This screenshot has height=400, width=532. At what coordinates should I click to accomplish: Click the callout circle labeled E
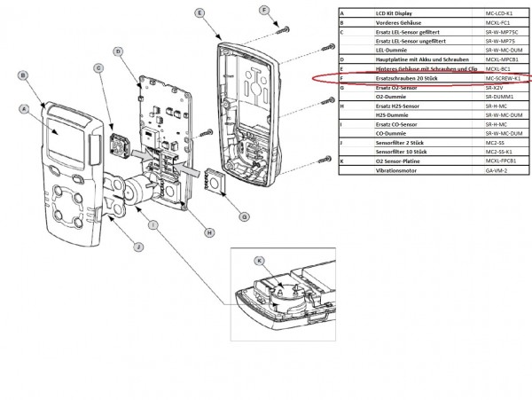tap(199, 13)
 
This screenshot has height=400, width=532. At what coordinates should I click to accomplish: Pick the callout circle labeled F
tap(263, 10)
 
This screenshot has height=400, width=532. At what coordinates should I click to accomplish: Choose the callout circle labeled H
tap(210, 232)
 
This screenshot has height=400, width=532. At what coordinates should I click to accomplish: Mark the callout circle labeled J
tap(113, 246)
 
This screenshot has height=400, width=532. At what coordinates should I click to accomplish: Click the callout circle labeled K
tap(260, 262)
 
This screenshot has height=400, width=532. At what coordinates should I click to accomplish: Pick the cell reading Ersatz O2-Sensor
tap(393, 87)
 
